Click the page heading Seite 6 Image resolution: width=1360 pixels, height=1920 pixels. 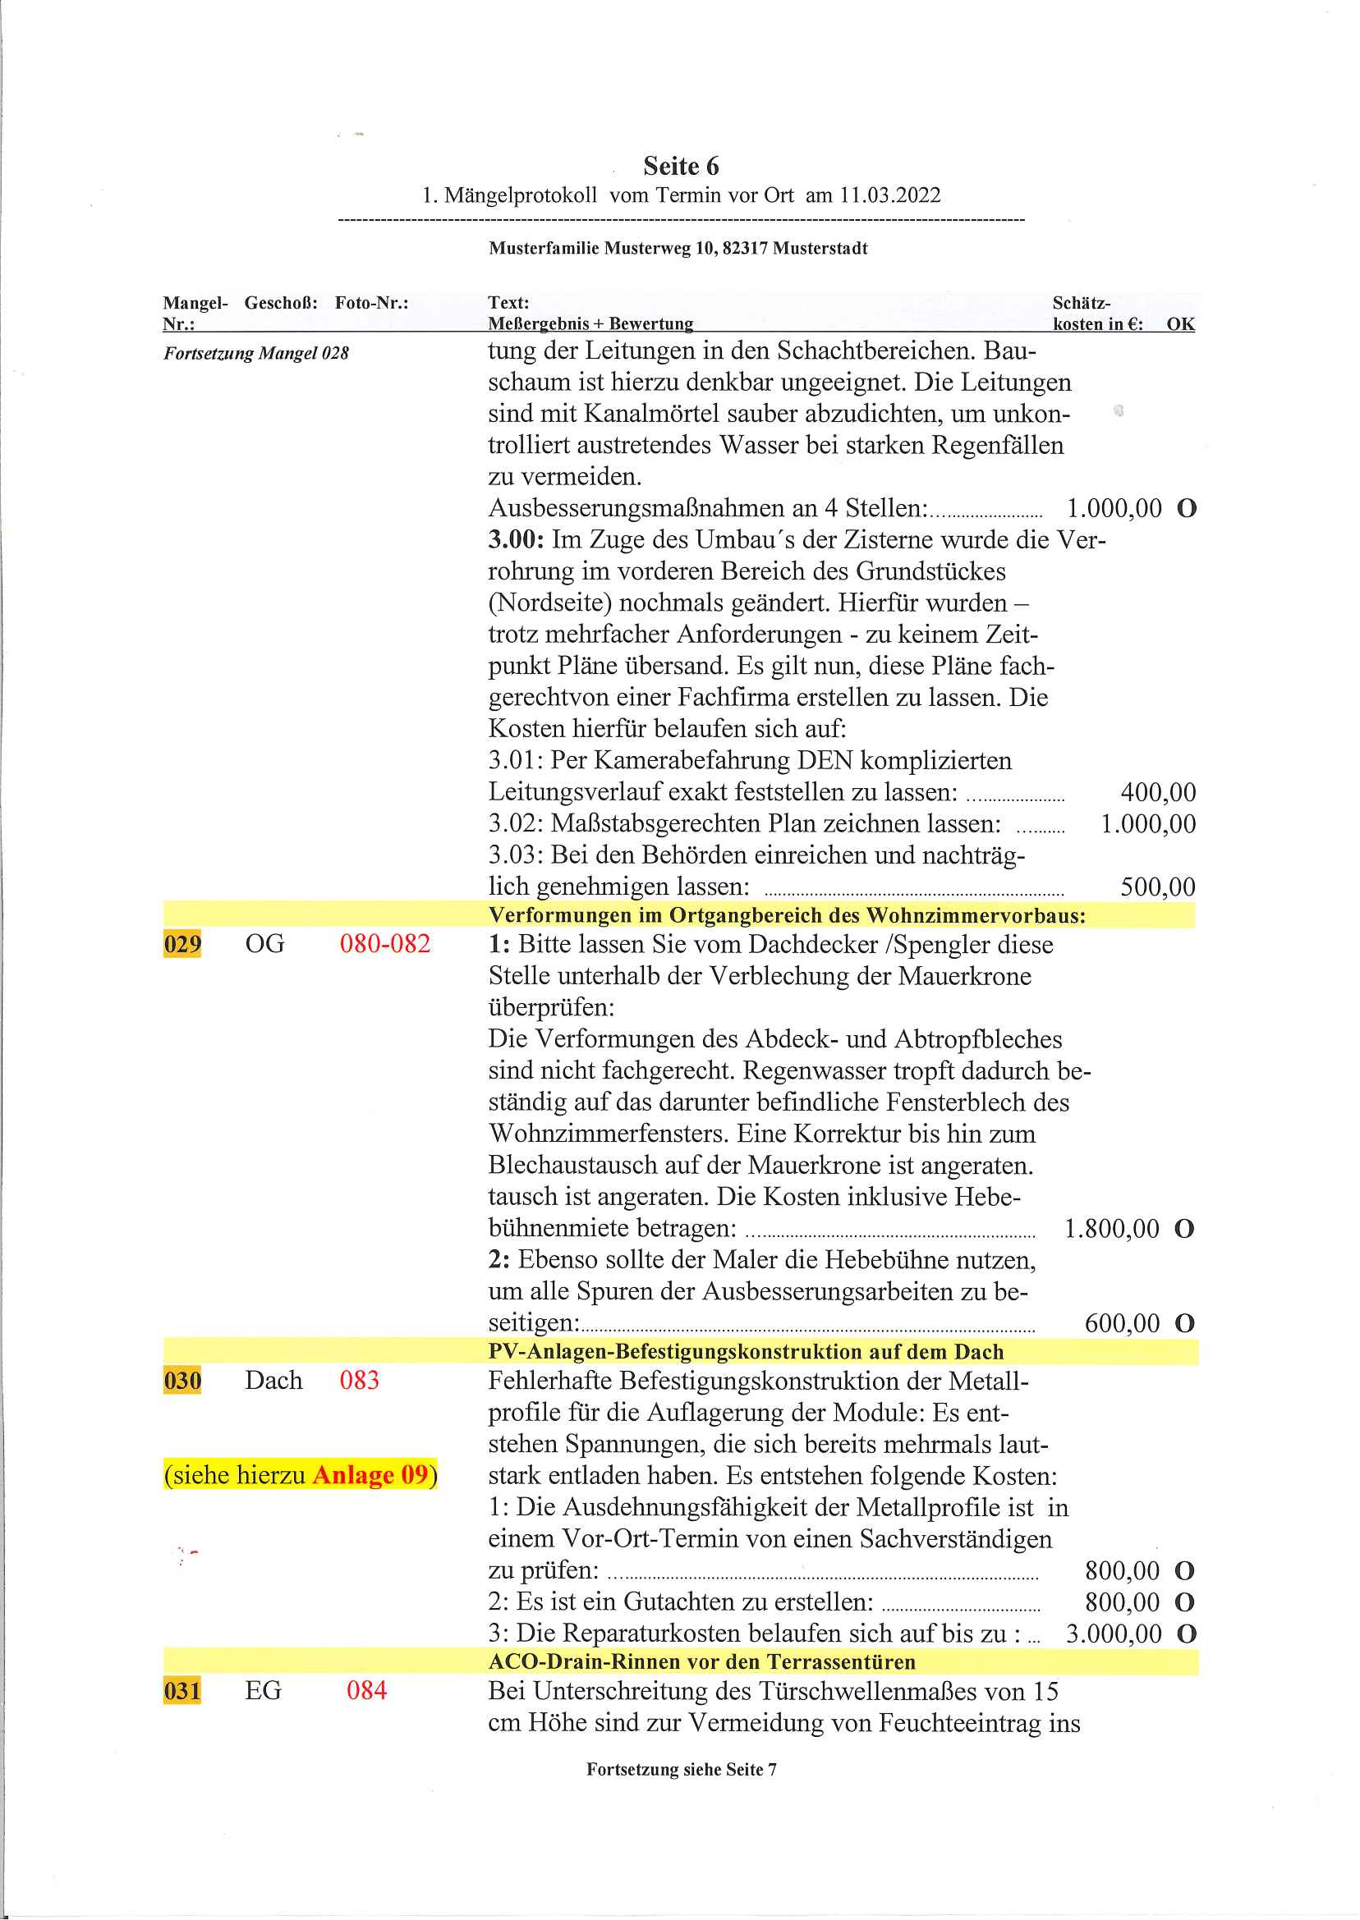[x=680, y=166]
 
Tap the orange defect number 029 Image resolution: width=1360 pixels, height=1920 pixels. [x=181, y=944]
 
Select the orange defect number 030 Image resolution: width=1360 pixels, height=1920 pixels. [x=181, y=1380]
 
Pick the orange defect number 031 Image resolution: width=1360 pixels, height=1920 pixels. [x=181, y=1691]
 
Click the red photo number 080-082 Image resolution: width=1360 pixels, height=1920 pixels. [x=384, y=943]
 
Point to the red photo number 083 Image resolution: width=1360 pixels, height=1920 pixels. [x=359, y=1379]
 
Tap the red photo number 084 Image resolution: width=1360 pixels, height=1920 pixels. [x=366, y=1690]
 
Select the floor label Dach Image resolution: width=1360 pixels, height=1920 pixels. [x=273, y=1379]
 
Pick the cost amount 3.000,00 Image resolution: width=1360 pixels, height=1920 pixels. [x=1113, y=1633]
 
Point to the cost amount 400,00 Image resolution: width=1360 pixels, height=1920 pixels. [x=1157, y=792]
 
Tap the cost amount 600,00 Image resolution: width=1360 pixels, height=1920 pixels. [x=1121, y=1323]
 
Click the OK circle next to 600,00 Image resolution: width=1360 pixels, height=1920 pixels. [x=1183, y=1323]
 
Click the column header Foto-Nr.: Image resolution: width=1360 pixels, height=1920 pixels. [x=371, y=303]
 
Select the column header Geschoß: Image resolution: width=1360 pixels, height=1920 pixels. [x=281, y=303]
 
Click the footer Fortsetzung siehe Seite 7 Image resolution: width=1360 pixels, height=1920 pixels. [x=680, y=1769]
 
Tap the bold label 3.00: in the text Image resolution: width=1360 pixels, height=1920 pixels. [x=516, y=539]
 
